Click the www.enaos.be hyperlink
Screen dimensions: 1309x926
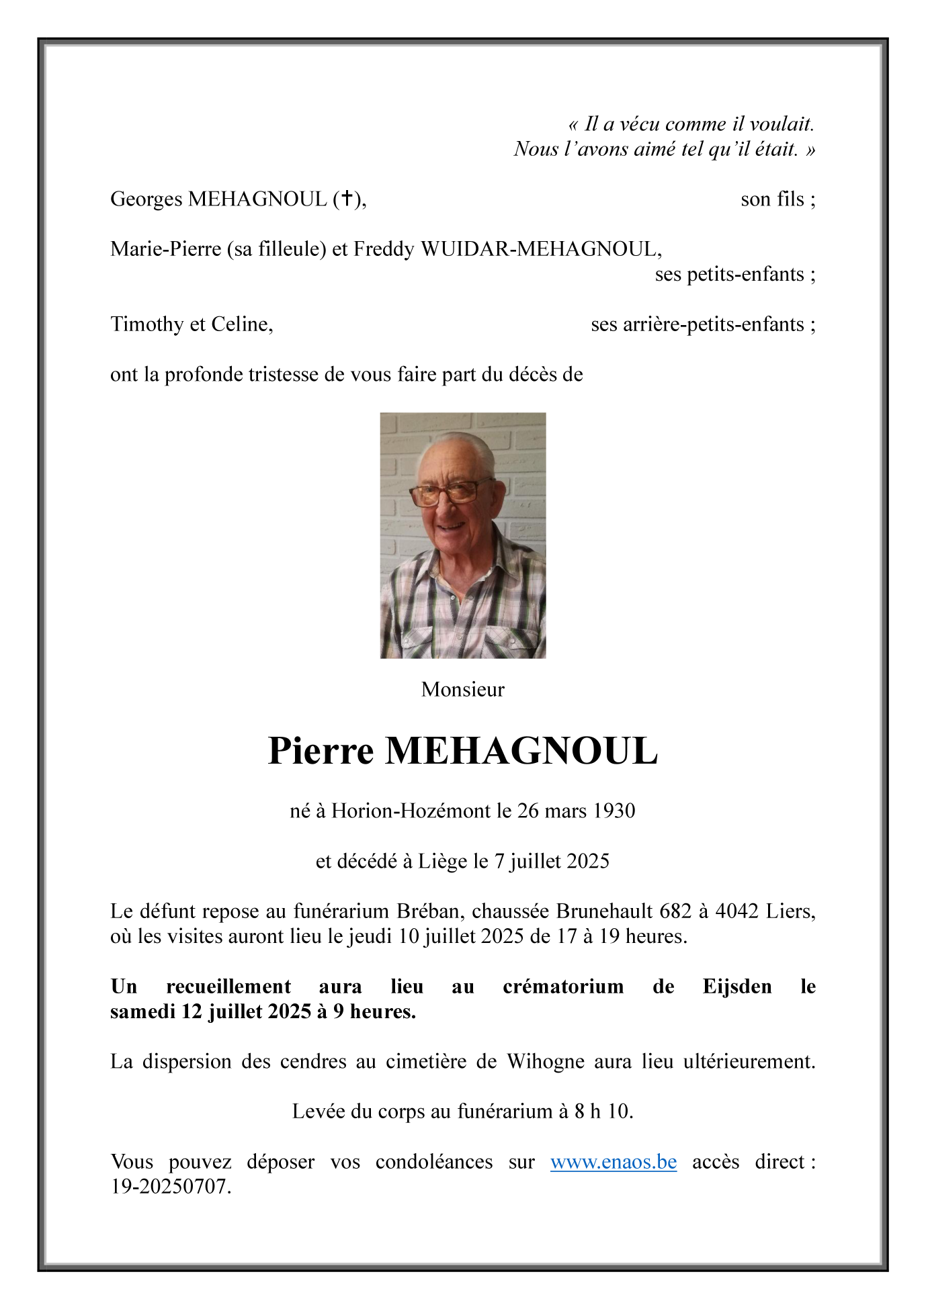[613, 1162]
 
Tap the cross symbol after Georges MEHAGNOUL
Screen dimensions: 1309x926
[347, 198]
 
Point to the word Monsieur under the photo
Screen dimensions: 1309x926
[462, 689]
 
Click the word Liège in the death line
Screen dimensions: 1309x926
[442, 861]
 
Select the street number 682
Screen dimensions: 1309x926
[675, 911]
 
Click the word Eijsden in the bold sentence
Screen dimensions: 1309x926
[736, 987]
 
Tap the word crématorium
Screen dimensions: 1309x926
[563, 987]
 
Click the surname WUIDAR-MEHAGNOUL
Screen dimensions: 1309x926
[540, 249]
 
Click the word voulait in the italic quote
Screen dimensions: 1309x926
[781, 124]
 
